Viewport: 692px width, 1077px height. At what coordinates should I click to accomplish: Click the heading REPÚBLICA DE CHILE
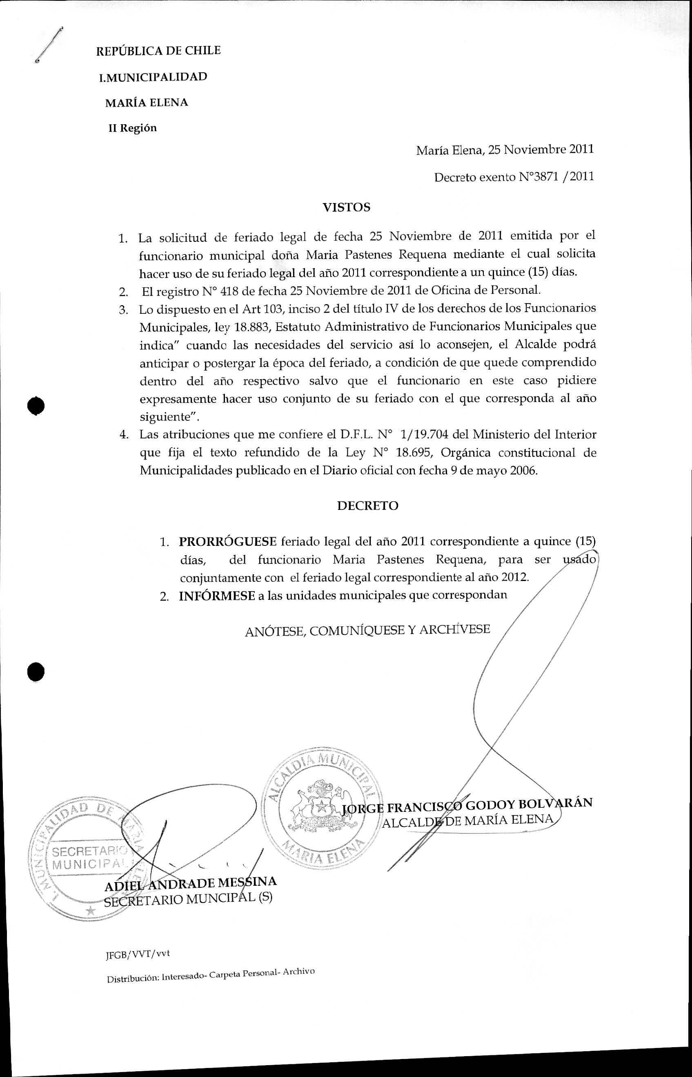pyautogui.click(x=158, y=51)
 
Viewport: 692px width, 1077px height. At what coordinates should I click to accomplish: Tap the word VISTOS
pyautogui.click(x=347, y=207)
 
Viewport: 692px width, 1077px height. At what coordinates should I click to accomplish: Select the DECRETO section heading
pyautogui.click(x=367, y=506)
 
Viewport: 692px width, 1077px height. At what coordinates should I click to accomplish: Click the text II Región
pyautogui.click(x=133, y=128)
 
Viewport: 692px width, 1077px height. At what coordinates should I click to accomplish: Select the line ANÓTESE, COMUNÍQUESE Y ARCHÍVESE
pyautogui.click(x=367, y=630)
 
